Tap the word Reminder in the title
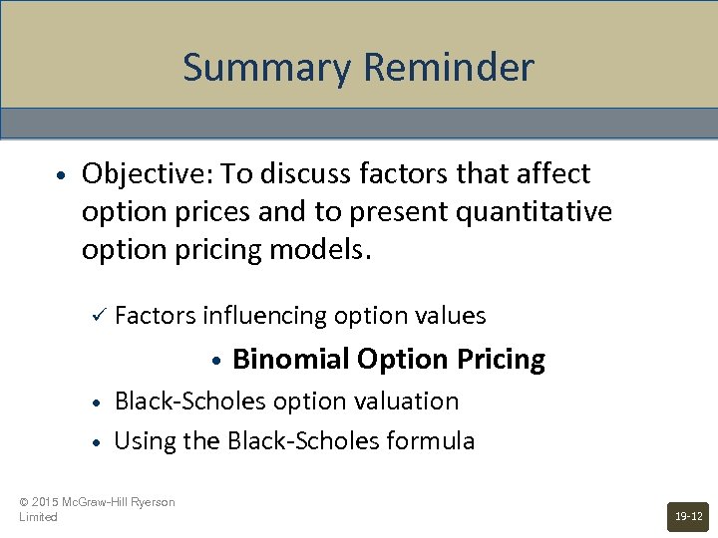449,68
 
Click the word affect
550,174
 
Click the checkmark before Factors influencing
97,316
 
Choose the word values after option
451,316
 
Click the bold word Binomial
289,359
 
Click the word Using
143,441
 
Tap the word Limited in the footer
38,517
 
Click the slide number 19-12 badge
688,516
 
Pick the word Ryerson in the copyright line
152,502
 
